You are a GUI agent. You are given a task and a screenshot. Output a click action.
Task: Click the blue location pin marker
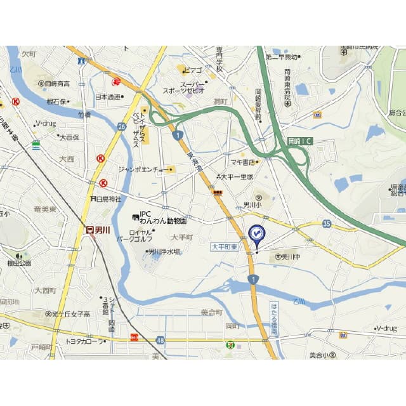[256, 235]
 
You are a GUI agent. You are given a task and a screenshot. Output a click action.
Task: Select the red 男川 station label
[98, 230]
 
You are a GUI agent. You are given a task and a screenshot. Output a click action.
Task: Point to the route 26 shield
[121, 126]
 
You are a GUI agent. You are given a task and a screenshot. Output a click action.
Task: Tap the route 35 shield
[327, 223]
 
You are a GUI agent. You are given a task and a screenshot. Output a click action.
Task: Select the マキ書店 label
[244, 162]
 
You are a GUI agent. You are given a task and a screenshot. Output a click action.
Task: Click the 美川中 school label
[289, 257]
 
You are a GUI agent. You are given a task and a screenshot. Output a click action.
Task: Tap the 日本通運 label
[108, 97]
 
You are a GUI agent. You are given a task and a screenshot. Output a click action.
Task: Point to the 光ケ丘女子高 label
[70, 314]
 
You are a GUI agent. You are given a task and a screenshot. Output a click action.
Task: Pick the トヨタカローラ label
[85, 341]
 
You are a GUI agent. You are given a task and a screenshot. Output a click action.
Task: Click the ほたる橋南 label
[273, 318]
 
